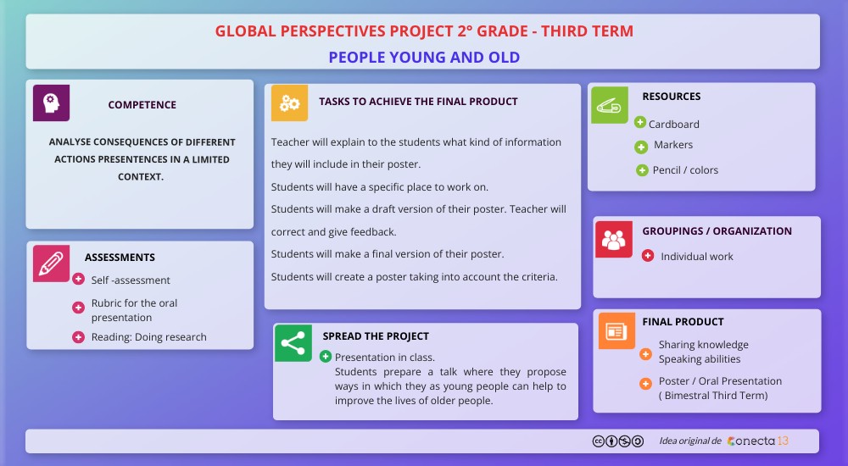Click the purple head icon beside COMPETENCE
pyautogui.click(x=51, y=103)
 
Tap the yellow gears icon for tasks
pyautogui.click(x=289, y=103)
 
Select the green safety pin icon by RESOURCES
pyautogui.click(x=609, y=105)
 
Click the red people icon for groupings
pyautogui.click(x=613, y=239)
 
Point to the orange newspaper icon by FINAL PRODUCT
pyautogui.click(x=616, y=330)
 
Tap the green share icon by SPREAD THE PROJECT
pyautogui.click(x=293, y=343)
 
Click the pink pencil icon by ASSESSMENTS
pyautogui.click(x=51, y=263)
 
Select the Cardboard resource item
pyautogui.click(x=673, y=124)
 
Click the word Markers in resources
pyautogui.click(x=672, y=145)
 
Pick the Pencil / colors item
pyautogui.click(x=685, y=170)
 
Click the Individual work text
pyautogui.click(x=696, y=257)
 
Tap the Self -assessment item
pyautogui.click(x=131, y=280)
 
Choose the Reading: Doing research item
pyautogui.click(x=148, y=337)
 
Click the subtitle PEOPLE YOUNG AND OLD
pyautogui.click(x=424, y=58)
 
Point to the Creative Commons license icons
pyautogui.click(x=617, y=441)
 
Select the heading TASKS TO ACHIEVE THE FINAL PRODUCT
pyautogui.click(x=418, y=102)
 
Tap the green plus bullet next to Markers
pyautogui.click(x=641, y=147)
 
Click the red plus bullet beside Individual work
pyautogui.click(x=648, y=255)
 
